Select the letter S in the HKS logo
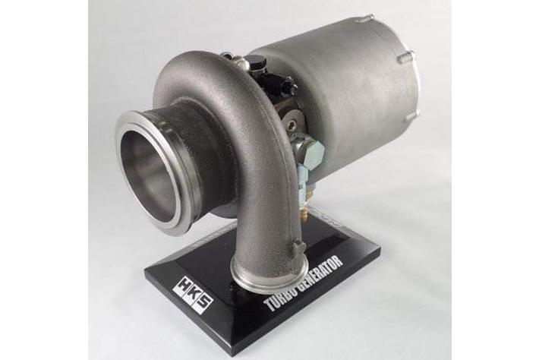pos(204,304)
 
